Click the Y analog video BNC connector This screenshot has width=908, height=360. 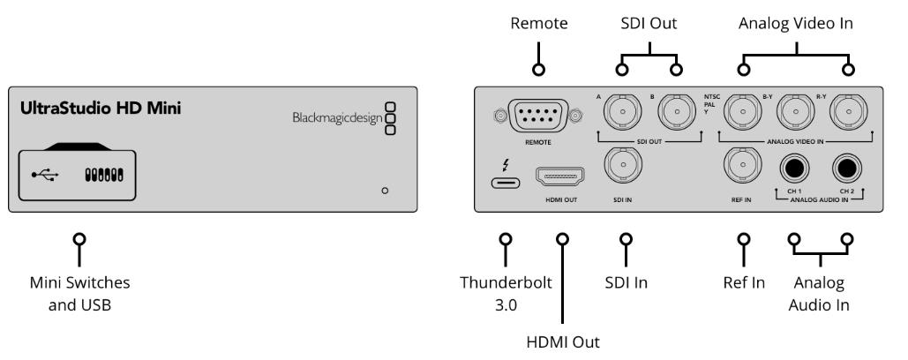pos(741,111)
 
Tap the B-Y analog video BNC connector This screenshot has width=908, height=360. pos(795,111)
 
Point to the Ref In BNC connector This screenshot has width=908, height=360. pos(741,165)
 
